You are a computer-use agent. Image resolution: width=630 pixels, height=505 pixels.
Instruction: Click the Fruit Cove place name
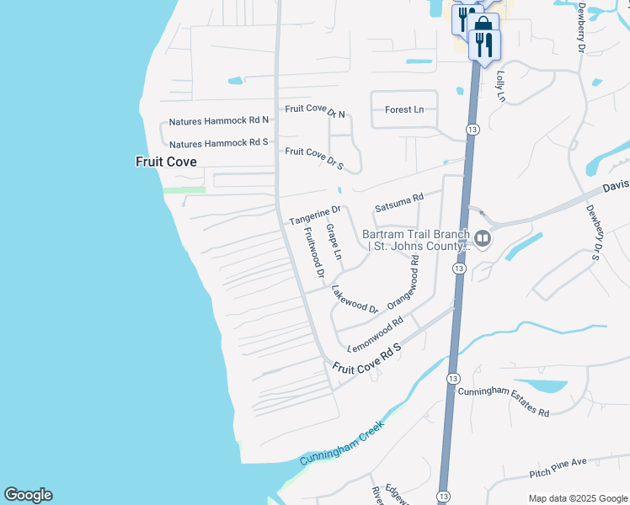[x=166, y=161]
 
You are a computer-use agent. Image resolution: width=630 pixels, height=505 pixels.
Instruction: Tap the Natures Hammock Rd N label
[x=218, y=121]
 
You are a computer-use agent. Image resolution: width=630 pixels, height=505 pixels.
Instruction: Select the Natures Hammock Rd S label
[x=218, y=143]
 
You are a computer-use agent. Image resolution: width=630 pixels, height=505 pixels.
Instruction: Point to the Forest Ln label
[x=404, y=109]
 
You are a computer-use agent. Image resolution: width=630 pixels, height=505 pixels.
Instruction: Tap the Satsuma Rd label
[x=398, y=203]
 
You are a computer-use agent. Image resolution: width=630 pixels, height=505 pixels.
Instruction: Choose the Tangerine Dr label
[x=314, y=215]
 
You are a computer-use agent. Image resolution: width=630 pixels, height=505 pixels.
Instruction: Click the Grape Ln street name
[x=334, y=242]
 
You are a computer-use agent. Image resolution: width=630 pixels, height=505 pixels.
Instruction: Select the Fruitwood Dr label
[x=312, y=253]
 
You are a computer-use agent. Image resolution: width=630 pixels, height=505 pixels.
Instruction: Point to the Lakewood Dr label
[x=355, y=299]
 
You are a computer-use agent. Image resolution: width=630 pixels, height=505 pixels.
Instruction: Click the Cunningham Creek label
[x=342, y=444]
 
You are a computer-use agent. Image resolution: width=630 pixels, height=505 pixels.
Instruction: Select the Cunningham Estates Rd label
[x=504, y=402]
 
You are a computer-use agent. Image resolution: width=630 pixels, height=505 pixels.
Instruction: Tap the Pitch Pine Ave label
[x=558, y=468]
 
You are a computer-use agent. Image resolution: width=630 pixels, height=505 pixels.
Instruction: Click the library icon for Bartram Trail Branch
[x=483, y=240]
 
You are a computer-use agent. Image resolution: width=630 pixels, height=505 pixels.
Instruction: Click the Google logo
[x=28, y=495]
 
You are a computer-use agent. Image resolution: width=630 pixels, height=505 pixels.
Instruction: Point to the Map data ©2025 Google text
[x=577, y=498]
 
